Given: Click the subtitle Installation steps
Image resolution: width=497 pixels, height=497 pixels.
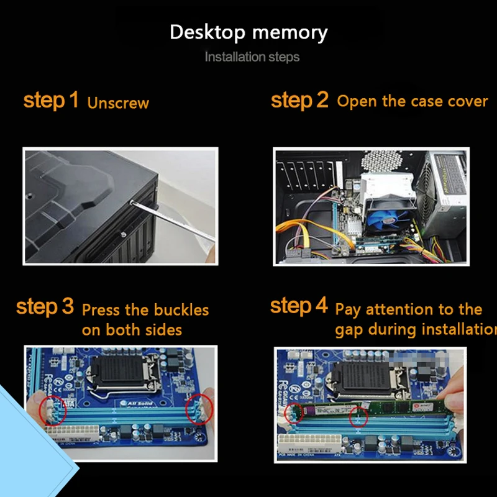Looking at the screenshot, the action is pyautogui.click(x=252, y=57).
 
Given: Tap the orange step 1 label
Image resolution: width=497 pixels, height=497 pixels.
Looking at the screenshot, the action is pyautogui.click(x=51, y=100).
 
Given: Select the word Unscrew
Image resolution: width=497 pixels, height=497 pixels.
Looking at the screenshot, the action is pyautogui.click(x=118, y=103).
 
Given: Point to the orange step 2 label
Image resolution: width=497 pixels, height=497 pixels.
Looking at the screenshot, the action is pyautogui.click(x=299, y=100).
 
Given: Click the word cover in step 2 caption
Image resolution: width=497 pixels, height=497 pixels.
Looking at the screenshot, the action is pyautogui.click(x=468, y=101).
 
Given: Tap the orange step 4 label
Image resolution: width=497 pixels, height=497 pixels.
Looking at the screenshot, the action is pyautogui.click(x=299, y=306).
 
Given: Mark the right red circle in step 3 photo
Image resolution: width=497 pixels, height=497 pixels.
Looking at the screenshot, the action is pyautogui.click(x=199, y=410).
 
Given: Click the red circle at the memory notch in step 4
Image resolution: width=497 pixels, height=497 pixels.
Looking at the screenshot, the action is pyautogui.click(x=359, y=417).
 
